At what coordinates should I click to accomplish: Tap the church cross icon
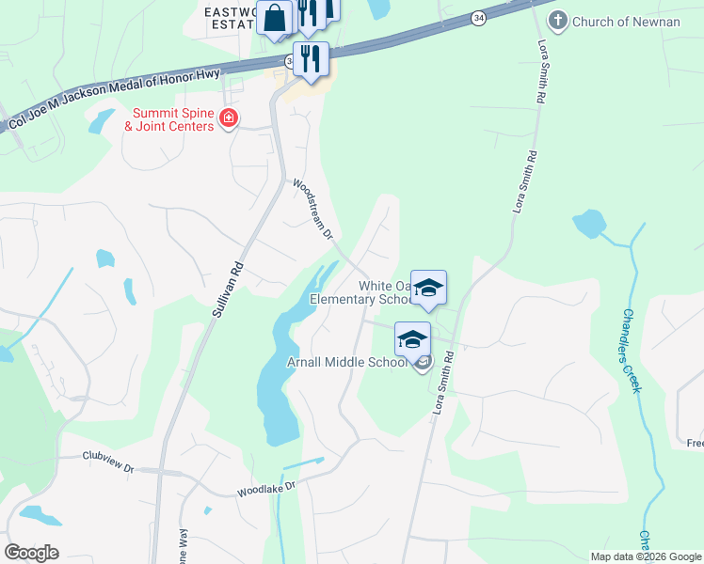click(x=559, y=20)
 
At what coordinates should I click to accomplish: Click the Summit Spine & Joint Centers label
click(x=172, y=119)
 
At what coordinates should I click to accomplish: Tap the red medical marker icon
click(x=228, y=118)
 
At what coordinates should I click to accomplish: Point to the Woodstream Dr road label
click(x=313, y=208)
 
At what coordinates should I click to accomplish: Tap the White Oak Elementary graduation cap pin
click(x=428, y=289)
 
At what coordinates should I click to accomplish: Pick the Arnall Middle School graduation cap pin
click(x=412, y=340)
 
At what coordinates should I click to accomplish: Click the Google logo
click(x=31, y=552)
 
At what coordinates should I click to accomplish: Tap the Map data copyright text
click(x=645, y=556)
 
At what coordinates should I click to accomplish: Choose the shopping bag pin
click(x=275, y=18)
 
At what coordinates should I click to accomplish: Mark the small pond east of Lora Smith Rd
click(x=589, y=224)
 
